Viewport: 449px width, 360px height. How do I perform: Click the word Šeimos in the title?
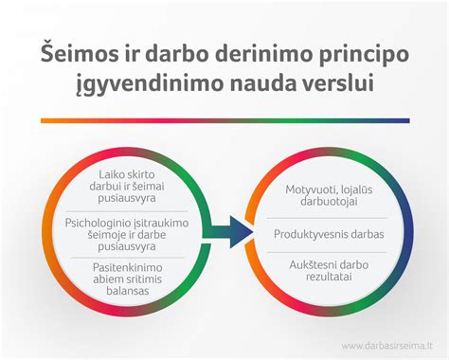click(x=84, y=51)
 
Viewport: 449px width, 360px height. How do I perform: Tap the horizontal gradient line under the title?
click(x=224, y=120)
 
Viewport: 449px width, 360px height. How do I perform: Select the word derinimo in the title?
click(x=245, y=51)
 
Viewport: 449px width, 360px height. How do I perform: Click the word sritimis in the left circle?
click(x=146, y=281)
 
